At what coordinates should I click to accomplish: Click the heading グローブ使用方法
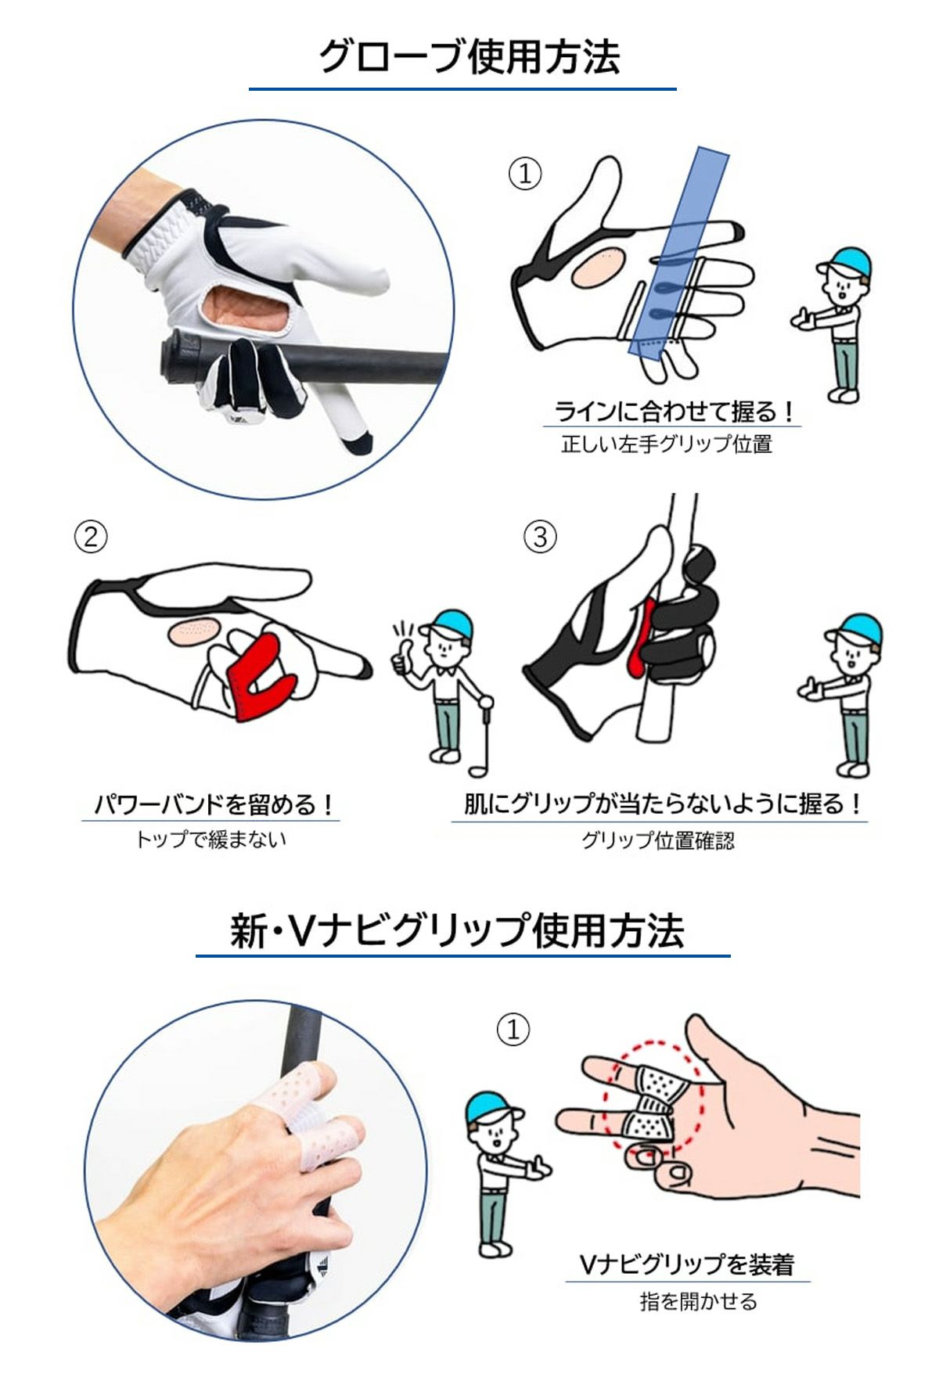469,57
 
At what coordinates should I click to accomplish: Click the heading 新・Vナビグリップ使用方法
458,930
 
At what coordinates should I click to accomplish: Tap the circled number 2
91,537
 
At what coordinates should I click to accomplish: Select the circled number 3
540,537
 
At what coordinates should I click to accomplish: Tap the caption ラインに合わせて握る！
674,411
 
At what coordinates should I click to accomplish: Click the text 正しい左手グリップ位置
667,444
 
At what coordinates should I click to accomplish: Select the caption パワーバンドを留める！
213,805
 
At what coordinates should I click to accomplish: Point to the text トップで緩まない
211,840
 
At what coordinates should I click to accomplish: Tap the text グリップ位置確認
658,840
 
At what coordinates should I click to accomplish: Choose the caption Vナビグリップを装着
687,1264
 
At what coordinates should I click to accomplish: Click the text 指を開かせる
698,1301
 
